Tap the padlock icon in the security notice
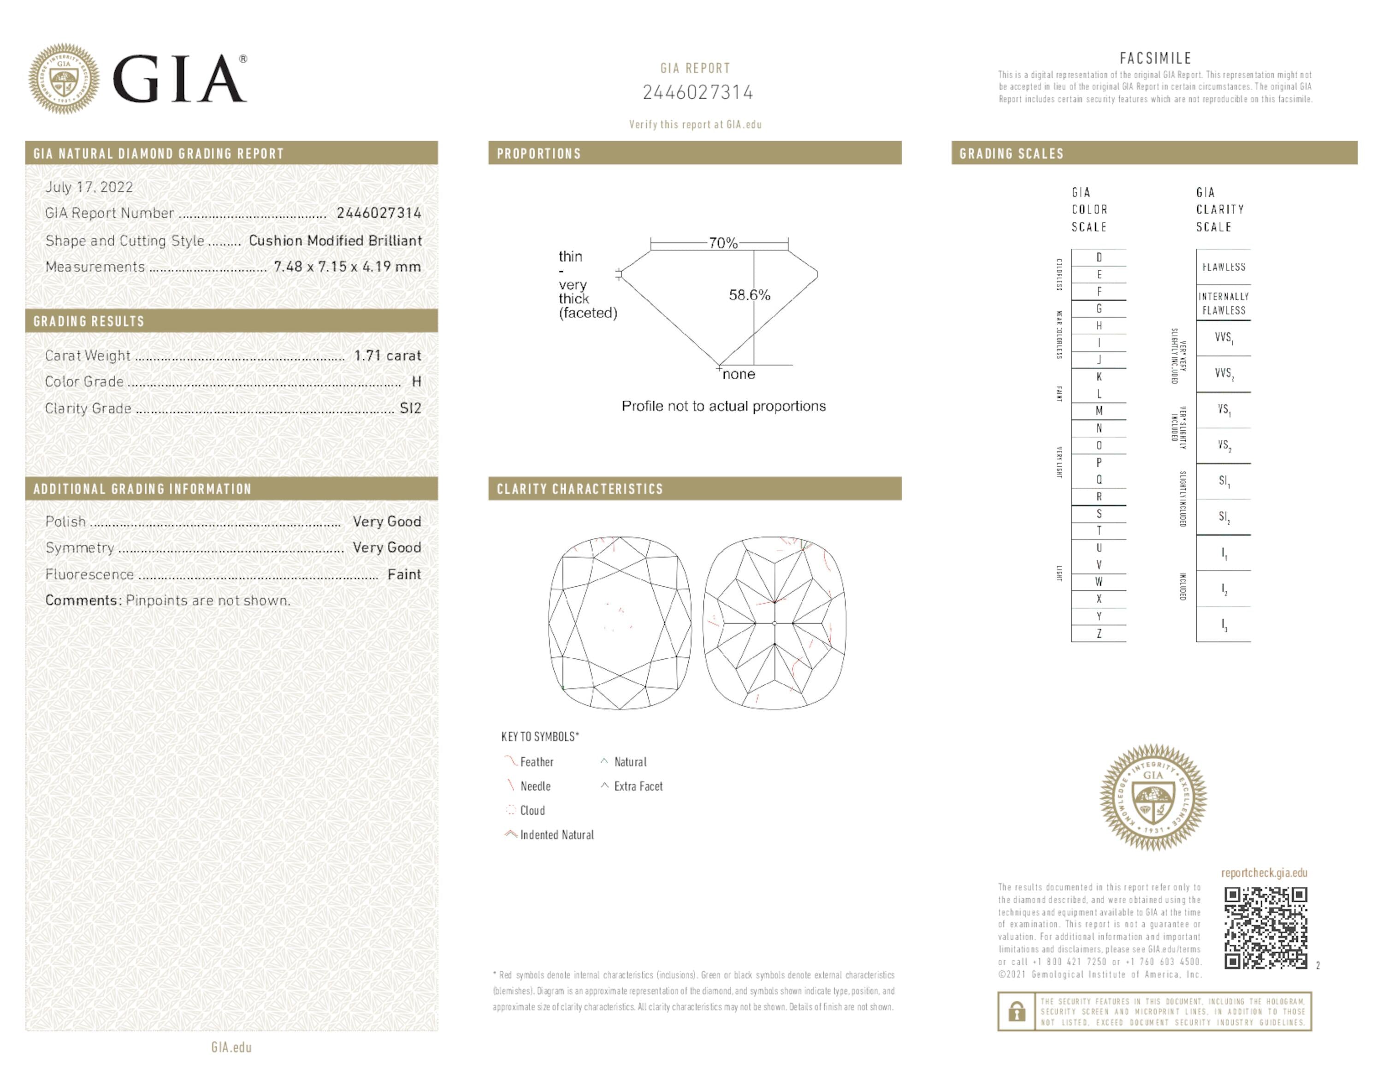point(1017,1011)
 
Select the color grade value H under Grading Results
point(416,382)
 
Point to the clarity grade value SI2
point(410,409)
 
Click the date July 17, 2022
point(89,187)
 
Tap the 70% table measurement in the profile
point(722,243)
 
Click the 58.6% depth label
point(749,295)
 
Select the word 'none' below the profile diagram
point(739,374)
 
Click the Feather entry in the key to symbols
point(536,762)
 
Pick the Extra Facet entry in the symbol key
point(638,787)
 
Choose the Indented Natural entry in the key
point(556,835)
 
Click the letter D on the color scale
point(1099,258)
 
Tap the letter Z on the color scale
point(1099,633)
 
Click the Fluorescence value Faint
point(404,575)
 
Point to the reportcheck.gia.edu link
point(1264,873)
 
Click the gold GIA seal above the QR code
point(1153,797)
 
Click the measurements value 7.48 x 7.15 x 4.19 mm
point(347,267)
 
